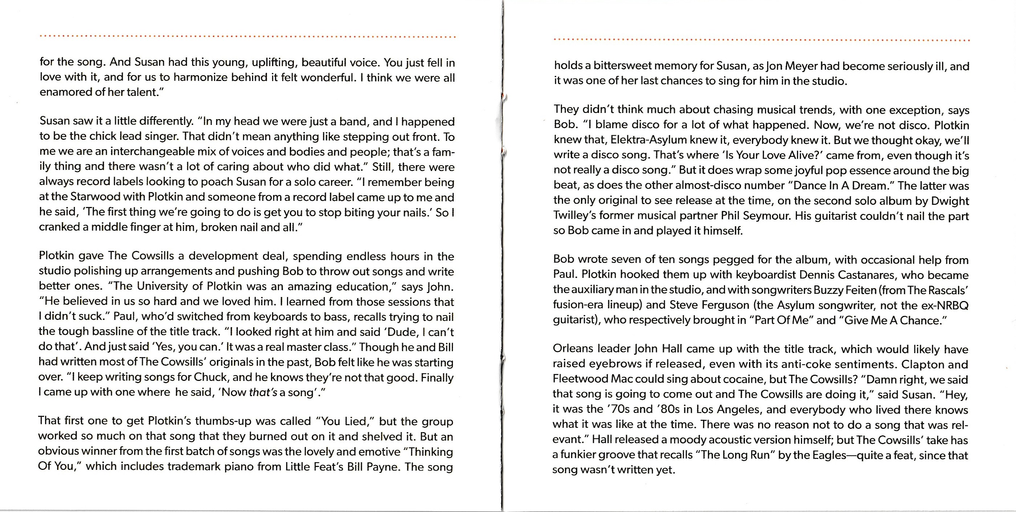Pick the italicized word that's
pyautogui.click(x=263, y=393)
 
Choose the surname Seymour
pyautogui.click(x=767, y=216)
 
